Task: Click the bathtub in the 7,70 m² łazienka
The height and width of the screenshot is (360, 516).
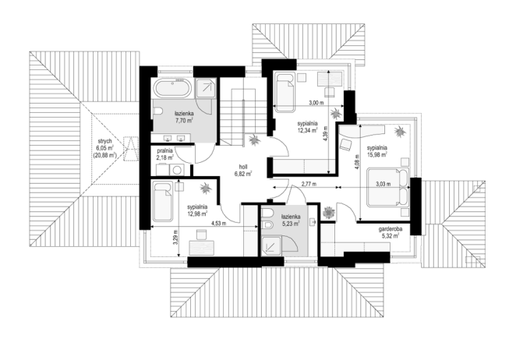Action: [x=172, y=87]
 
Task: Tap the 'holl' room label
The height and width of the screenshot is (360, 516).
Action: [x=243, y=167]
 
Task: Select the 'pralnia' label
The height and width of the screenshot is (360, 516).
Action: [x=165, y=151]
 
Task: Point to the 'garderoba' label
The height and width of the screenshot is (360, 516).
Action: [x=391, y=229]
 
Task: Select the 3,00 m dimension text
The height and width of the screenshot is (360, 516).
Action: [x=316, y=103]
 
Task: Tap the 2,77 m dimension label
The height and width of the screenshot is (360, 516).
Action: [x=309, y=184]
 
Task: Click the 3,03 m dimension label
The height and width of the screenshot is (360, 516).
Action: [x=383, y=184]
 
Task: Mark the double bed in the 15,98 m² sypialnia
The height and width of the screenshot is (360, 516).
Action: [x=388, y=187]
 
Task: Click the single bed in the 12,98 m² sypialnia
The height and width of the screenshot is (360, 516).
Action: [x=163, y=203]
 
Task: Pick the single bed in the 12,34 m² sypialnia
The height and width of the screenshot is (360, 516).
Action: [x=285, y=93]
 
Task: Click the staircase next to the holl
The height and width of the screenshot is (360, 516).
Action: [x=243, y=112]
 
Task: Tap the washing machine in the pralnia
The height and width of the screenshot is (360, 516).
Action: [x=177, y=170]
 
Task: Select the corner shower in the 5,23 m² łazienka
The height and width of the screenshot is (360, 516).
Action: [x=273, y=245]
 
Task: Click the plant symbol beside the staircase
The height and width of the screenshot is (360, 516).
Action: [x=254, y=139]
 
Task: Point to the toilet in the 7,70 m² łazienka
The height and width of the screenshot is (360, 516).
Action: [x=158, y=112]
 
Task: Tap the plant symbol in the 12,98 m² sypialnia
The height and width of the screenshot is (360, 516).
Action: [x=207, y=188]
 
